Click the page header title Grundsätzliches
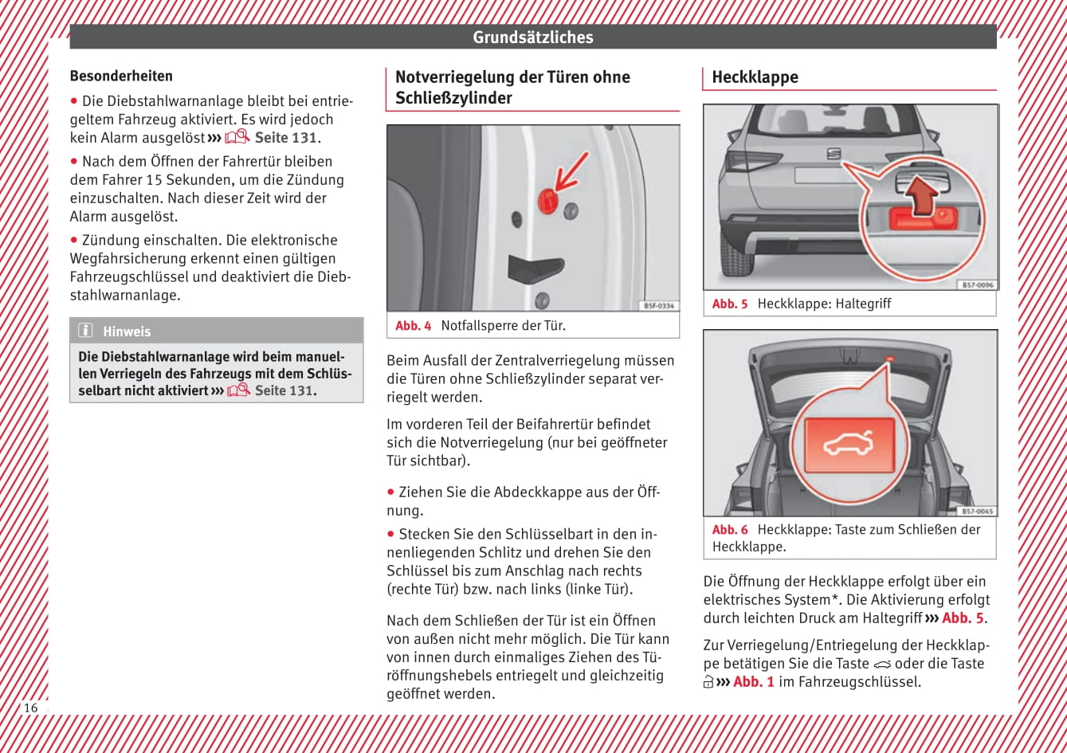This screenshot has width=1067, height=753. (x=532, y=37)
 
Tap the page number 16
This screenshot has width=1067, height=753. (x=30, y=708)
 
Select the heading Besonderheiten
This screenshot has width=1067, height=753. (x=121, y=76)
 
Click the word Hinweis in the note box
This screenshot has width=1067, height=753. (x=127, y=331)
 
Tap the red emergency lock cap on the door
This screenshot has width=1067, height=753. (x=547, y=200)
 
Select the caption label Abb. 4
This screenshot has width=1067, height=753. (x=414, y=325)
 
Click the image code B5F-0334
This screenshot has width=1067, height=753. (x=658, y=305)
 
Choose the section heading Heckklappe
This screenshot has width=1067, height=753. (x=755, y=77)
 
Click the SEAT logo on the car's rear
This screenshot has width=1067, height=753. (x=834, y=154)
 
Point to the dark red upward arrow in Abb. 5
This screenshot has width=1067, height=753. (x=920, y=194)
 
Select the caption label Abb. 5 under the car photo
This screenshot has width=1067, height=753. (x=730, y=304)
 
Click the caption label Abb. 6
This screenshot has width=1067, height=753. (x=730, y=530)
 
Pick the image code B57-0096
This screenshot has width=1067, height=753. (x=977, y=284)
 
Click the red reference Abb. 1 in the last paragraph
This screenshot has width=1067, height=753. (x=754, y=682)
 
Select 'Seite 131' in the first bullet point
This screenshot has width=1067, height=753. (x=285, y=138)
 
